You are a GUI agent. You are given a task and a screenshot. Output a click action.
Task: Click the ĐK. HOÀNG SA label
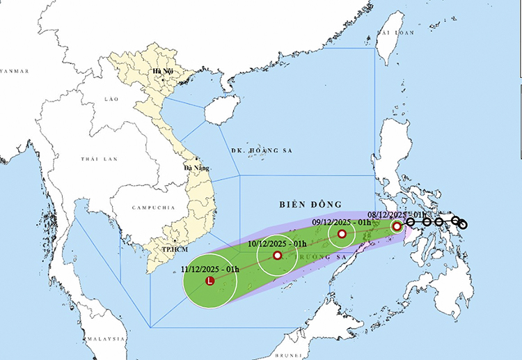coord(261,150)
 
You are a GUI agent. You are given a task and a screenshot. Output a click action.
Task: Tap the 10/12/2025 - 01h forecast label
coord(278,244)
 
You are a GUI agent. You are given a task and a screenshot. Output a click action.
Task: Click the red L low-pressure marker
coord(210,281)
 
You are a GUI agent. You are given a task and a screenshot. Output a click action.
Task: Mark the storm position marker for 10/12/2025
coord(278,256)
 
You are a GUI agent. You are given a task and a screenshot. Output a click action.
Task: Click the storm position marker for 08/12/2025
coord(397,226)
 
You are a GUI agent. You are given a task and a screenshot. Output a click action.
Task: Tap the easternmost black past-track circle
coord(463,224)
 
